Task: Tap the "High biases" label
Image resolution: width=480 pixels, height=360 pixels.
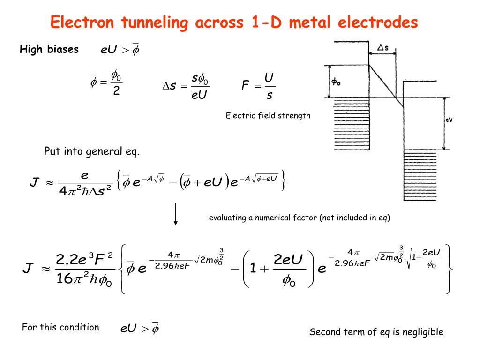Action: click(x=49, y=50)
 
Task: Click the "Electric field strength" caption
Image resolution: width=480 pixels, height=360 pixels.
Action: click(x=268, y=115)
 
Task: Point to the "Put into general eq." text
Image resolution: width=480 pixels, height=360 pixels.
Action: click(x=92, y=151)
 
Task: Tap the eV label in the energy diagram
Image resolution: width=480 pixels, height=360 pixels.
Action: click(x=449, y=120)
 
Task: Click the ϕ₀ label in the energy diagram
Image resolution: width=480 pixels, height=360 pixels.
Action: click(x=336, y=82)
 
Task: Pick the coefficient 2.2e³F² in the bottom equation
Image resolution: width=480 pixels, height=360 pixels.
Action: click(x=84, y=258)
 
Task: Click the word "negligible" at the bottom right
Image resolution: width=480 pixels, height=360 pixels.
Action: click(x=423, y=332)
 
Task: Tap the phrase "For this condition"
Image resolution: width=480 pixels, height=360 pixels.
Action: click(x=60, y=327)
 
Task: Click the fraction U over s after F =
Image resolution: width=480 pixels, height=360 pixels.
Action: click(x=269, y=86)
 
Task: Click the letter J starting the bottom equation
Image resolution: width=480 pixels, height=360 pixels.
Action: click(x=28, y=269)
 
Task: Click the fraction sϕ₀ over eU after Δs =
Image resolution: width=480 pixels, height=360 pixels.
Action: click(x=200, y=86)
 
